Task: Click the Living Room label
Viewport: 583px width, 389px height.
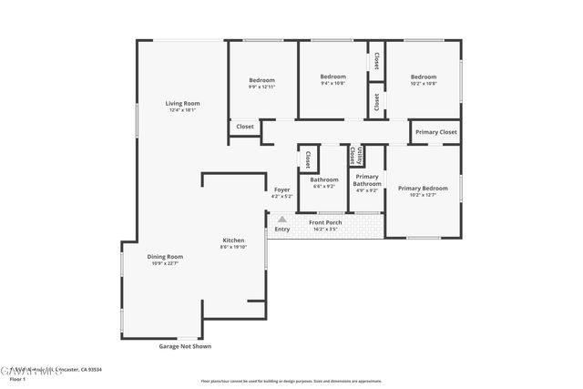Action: click(x=182, y=103)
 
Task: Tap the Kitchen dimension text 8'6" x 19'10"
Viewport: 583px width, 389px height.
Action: click(x=232, y=247)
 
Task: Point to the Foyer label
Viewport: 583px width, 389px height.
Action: click(x=281, y=189)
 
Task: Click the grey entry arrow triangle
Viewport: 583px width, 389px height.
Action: click(x=282, y=220)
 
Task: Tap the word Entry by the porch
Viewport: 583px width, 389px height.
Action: click(x=281, y=230)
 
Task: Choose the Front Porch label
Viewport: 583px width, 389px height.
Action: click(x=325, y=222)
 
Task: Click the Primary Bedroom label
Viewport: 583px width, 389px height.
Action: click(x=423, y=188)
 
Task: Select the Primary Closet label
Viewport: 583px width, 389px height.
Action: click(x=435, y=133)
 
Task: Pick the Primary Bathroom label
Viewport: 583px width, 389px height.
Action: click(x=366, y=180)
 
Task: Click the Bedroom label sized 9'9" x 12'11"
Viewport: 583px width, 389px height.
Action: click(x=261, y=80)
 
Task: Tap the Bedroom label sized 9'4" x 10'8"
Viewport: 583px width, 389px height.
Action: click(x=332, y=77)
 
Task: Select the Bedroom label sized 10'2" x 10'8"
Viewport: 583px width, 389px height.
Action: click(x=423, y=77)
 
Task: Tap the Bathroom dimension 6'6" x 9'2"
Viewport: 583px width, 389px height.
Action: click(x=324, y=187)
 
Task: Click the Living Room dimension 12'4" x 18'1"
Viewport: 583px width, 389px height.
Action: click(x=182, y=110)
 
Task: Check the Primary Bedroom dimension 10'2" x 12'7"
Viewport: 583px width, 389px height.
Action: click(x=423, y=195)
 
